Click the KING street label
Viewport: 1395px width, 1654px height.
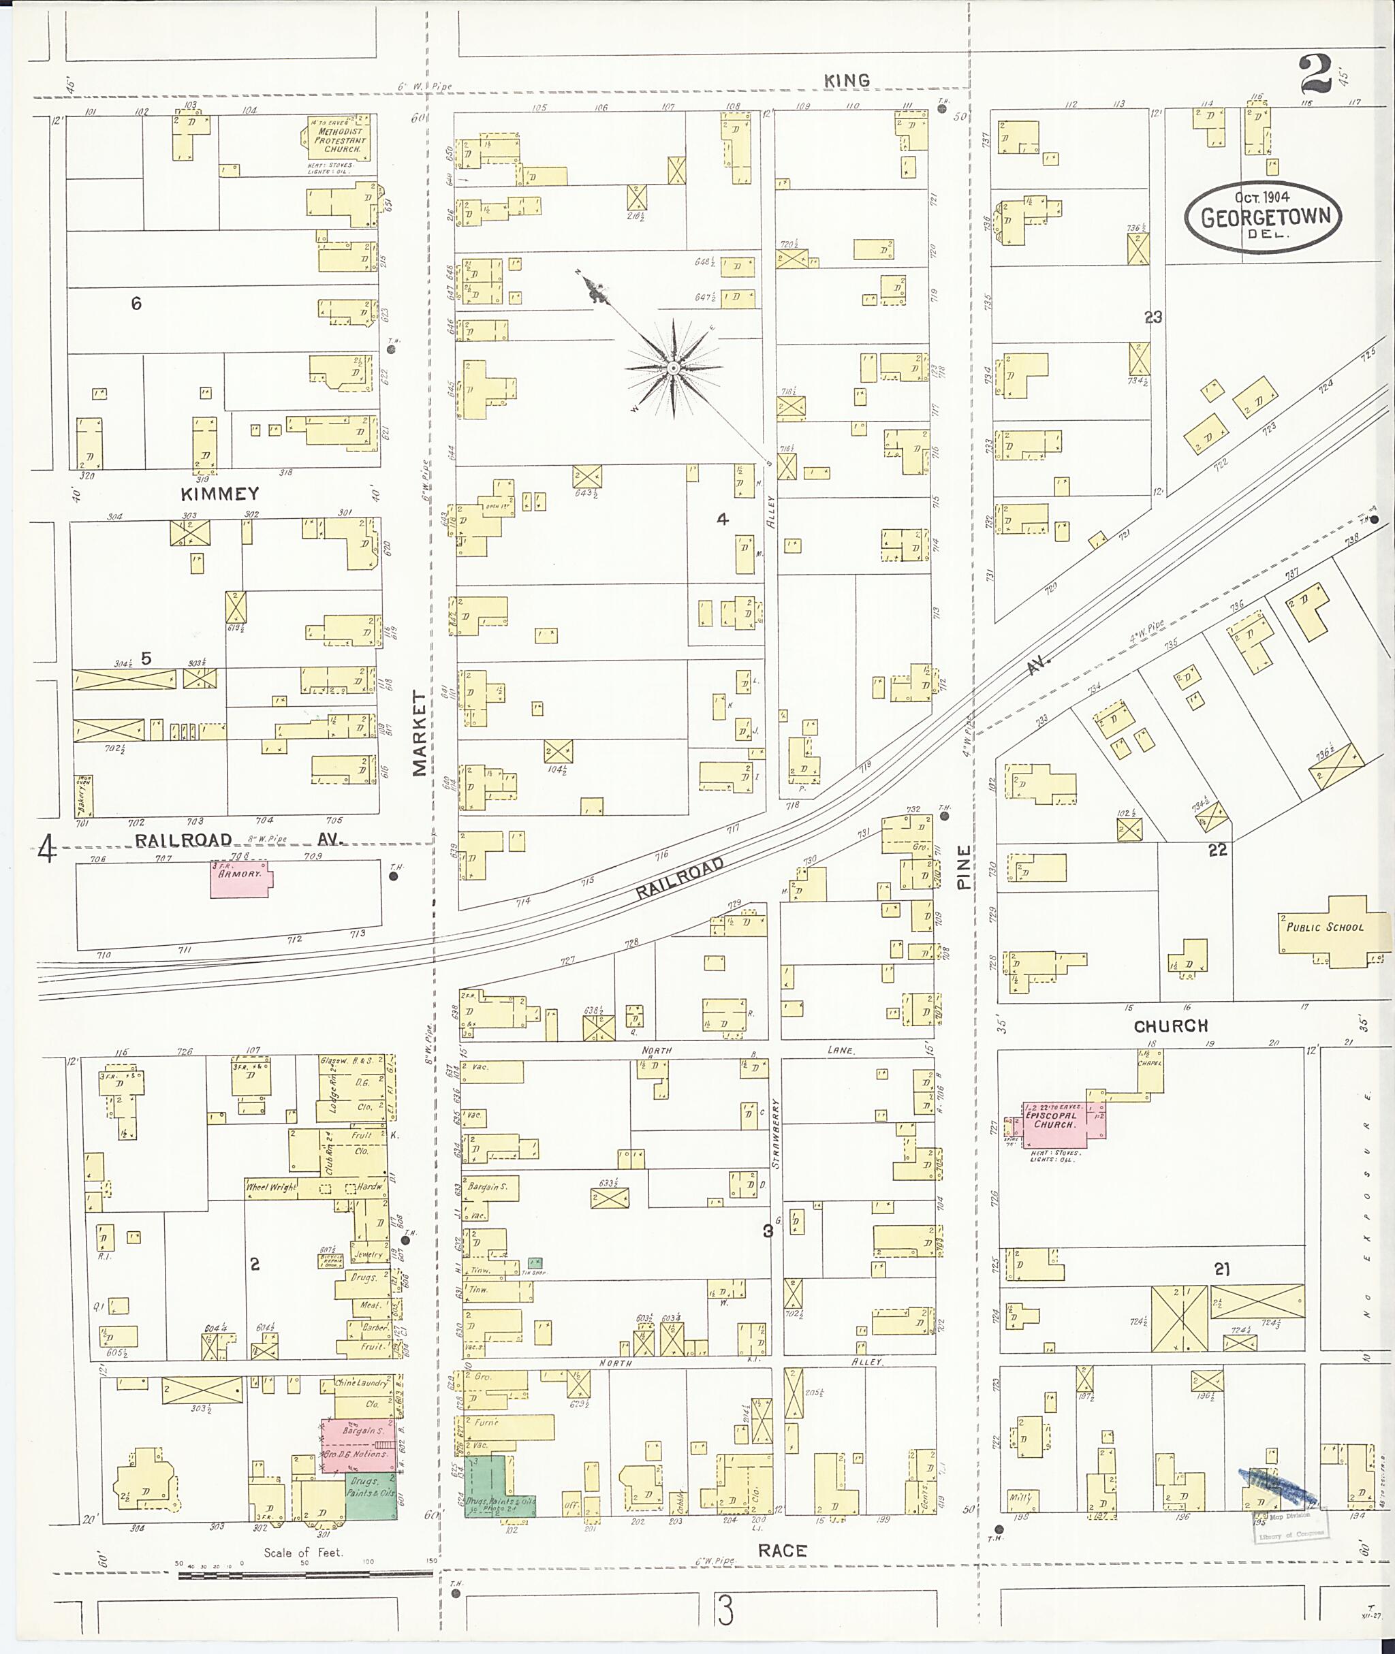(846, 80)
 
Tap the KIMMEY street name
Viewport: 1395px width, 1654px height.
(220, 494)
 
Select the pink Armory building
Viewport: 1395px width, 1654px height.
(240, 879)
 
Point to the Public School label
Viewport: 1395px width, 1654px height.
(1325, 927)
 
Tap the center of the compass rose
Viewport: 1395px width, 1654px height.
(673, 368)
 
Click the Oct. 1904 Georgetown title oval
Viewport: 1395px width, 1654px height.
(1263, 217)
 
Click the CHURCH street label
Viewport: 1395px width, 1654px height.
(1170, 1026)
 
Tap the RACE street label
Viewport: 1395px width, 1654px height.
(782, 1550)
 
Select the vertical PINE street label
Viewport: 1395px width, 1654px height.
(963, 867)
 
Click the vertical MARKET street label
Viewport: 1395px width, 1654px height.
(419, 732)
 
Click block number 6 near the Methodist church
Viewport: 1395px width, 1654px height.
(136, 304)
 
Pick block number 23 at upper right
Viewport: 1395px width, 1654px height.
(1153, 317)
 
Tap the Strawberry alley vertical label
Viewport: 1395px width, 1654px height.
(776, 1134)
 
